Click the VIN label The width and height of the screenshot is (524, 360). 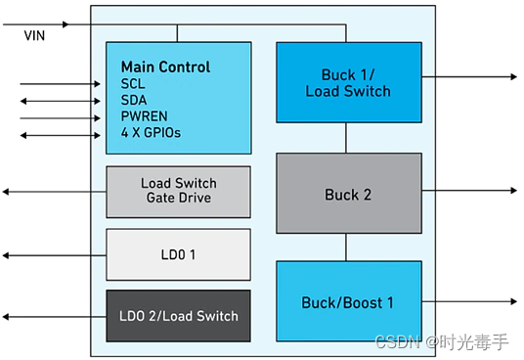(34, 35)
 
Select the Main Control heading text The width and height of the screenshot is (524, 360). (165, 67)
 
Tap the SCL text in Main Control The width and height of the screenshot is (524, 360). (133, 84)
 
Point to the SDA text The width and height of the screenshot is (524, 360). (134, 101)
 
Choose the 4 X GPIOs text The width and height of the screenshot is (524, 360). (151, 133)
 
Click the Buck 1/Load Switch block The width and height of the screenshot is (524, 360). (348, 83)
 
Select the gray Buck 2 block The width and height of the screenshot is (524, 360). (348, 195)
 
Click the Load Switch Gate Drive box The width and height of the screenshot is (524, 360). (178, 192)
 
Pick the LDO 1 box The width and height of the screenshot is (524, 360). (178, 254)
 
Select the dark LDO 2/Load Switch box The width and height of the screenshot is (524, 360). (178, 316)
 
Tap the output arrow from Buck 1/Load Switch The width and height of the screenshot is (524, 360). (469, 76)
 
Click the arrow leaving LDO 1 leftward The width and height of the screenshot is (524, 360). (49, 254)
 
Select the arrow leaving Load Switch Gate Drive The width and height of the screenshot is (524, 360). (49, 192)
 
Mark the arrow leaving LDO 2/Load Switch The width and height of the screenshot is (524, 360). (49, 316)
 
